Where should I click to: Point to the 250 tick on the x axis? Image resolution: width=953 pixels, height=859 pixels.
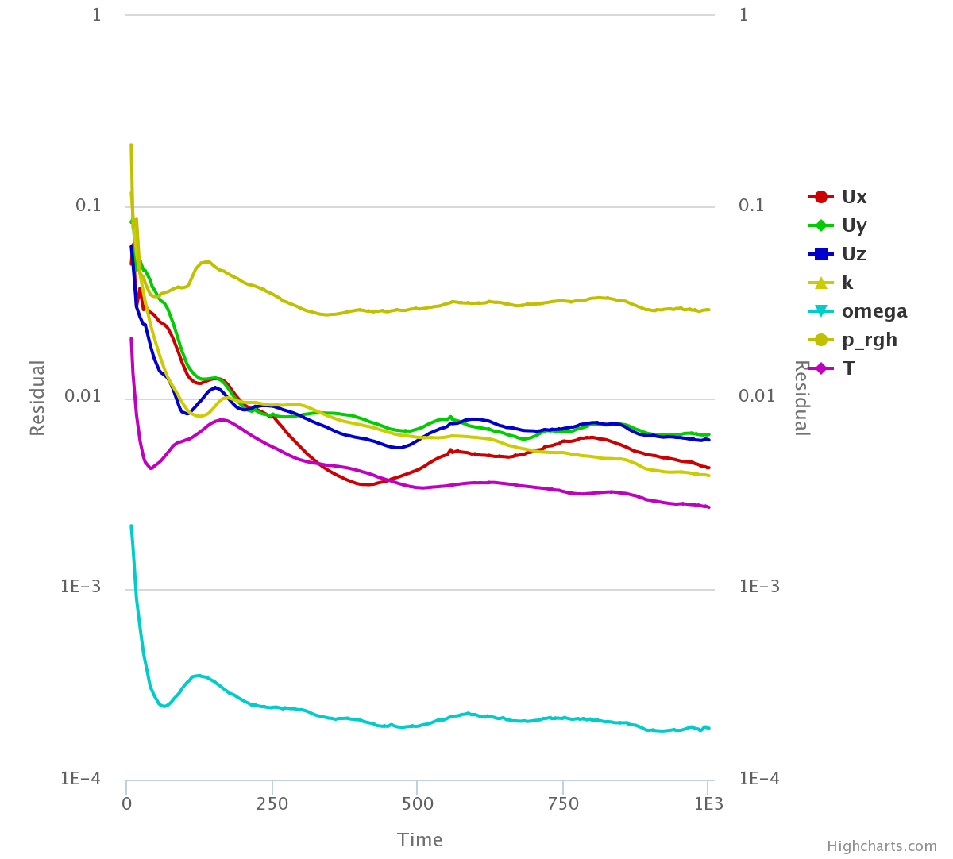[x=272, y=803]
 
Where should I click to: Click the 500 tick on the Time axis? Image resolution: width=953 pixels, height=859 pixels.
[x=418, y=803]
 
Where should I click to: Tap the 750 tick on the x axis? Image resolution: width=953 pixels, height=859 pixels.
[x=563, y=803]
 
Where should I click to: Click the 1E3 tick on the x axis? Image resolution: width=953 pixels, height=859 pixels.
[x=708, y=803]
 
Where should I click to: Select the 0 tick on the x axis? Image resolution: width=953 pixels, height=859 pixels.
[x=127, y=803]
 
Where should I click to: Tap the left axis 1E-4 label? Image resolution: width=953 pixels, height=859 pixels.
[x=81, y=779]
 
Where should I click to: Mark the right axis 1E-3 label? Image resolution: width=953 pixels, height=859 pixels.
[x=759, y=587]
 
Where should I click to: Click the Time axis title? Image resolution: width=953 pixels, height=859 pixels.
[x=420, y=840]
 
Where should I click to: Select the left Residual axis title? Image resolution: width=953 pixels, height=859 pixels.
[x=37, y=398]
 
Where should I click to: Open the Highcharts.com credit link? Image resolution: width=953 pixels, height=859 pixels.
[x=882, y=846]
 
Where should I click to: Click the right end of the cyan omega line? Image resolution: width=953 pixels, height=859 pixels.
[x=708, y=728]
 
